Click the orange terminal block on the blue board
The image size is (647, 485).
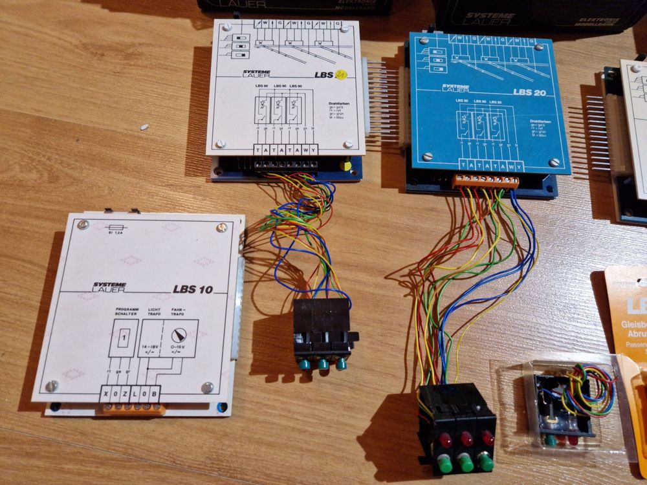pyautogui.click(x=485, y=182)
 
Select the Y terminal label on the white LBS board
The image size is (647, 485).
pyautogui.click(x=314, y=150)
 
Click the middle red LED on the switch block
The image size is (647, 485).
pyautogui.click(x=465, y=440)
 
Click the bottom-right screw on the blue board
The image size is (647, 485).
pyautogui.click(x=554, y=163)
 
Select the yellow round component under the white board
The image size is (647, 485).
pyautogui.click(x=347, y=165)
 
